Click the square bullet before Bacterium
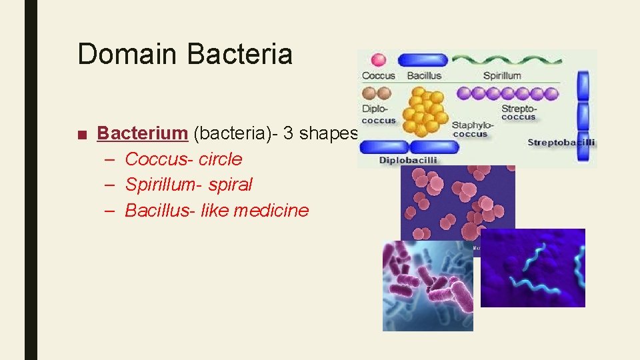coord(81,134)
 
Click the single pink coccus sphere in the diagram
coord(378,60)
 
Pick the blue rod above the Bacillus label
coord(423,60)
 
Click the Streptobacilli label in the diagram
coord(561,142)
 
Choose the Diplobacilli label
coord(407,160)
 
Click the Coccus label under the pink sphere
coord(378,76)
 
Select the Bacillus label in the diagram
coord(424,76)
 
